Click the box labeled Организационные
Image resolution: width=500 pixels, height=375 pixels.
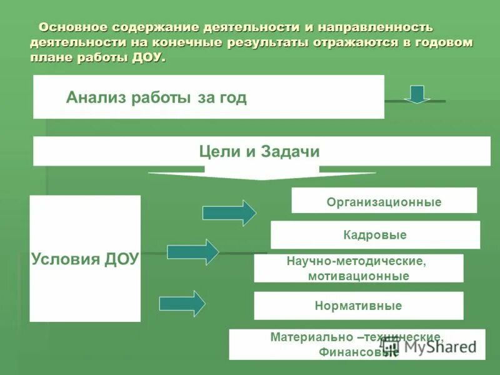[x=384, y=202]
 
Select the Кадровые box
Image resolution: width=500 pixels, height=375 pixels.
[x=375, y=235]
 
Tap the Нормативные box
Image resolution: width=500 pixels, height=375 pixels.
[x=358, y=306]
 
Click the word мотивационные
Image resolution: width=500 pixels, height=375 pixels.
[x=358, y=276]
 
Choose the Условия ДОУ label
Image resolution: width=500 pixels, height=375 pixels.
[x=85, y=259]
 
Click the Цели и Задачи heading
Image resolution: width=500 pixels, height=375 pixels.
[x=259, y=152]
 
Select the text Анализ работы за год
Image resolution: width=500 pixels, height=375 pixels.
[x=156, y=97]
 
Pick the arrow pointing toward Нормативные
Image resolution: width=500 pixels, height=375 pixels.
[x=182, y=304]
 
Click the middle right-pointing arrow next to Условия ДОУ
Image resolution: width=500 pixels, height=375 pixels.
[x=193, y=252]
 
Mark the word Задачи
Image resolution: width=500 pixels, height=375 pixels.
[x=292, y=152]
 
